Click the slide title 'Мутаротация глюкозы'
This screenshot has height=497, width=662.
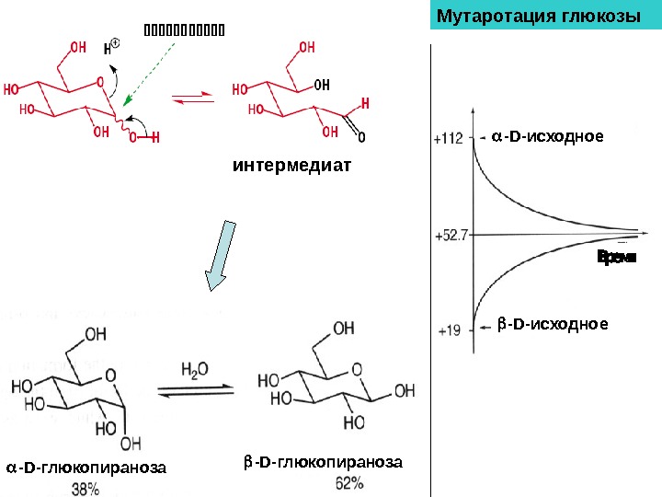538,17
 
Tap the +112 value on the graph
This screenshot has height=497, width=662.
448,139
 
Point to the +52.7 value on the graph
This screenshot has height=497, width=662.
451,235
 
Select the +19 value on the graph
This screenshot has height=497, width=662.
448,329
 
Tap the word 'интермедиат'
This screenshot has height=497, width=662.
292,167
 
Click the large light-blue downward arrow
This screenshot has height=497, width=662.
219,255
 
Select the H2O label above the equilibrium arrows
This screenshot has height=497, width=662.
194,369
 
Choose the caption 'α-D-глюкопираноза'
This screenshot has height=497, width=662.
86,468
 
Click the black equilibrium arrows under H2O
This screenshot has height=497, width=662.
195,389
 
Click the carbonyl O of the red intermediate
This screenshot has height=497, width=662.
360,138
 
